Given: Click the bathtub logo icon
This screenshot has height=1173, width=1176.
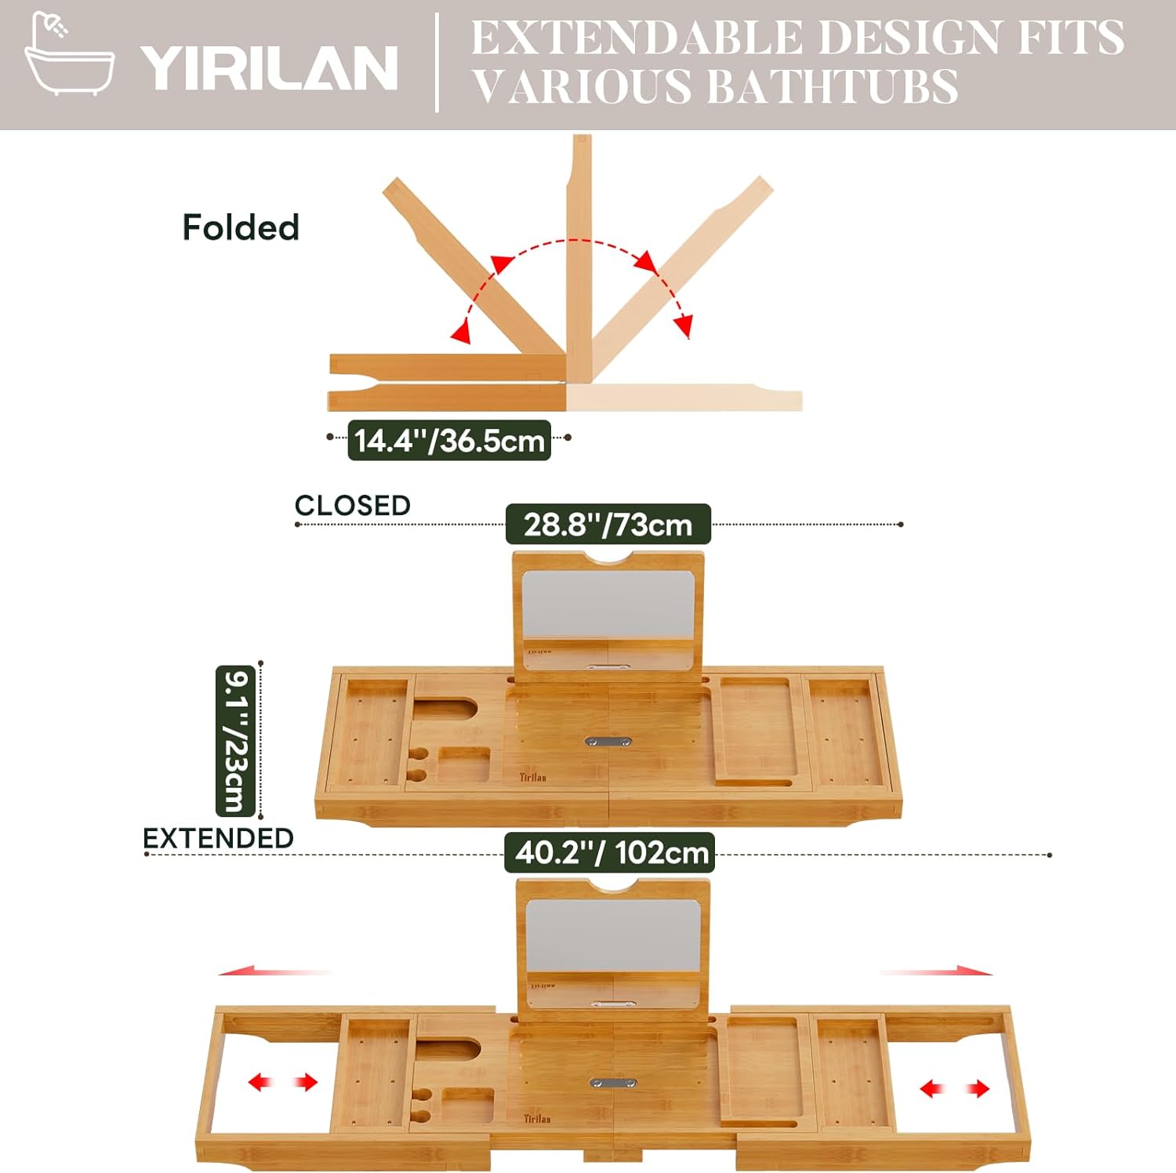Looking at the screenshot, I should (x=69, y=55).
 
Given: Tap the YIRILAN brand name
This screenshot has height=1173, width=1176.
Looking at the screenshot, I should (x=269, y=68).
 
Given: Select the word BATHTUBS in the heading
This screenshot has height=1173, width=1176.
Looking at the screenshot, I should (x=833, y=86).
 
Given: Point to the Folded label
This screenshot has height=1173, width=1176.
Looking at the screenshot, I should (x=241, y=227).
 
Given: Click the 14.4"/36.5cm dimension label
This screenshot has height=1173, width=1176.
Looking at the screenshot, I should (x=449, y=441).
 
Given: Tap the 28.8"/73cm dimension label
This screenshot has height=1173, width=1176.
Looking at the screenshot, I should (x=608, y=525).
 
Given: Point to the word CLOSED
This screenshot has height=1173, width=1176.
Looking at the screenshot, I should (x=352, y=506).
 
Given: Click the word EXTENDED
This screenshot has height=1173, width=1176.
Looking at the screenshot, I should (x=218, y=838).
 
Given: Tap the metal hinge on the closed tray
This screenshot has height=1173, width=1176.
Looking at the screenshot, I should (x=608, y=740).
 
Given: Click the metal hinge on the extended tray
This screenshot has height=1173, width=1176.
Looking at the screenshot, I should (x=612, y=1083).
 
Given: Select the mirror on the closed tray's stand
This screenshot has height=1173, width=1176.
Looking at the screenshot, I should (x=608, y=604).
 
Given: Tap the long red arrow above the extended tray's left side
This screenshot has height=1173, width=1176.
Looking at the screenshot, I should (x=274, y=972).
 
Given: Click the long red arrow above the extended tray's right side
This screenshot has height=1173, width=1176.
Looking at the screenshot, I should (x=937, y=971).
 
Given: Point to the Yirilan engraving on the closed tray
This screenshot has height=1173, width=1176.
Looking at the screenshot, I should (x=532, y=777).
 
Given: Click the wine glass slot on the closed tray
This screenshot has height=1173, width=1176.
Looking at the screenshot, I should (x=445, y=708).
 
